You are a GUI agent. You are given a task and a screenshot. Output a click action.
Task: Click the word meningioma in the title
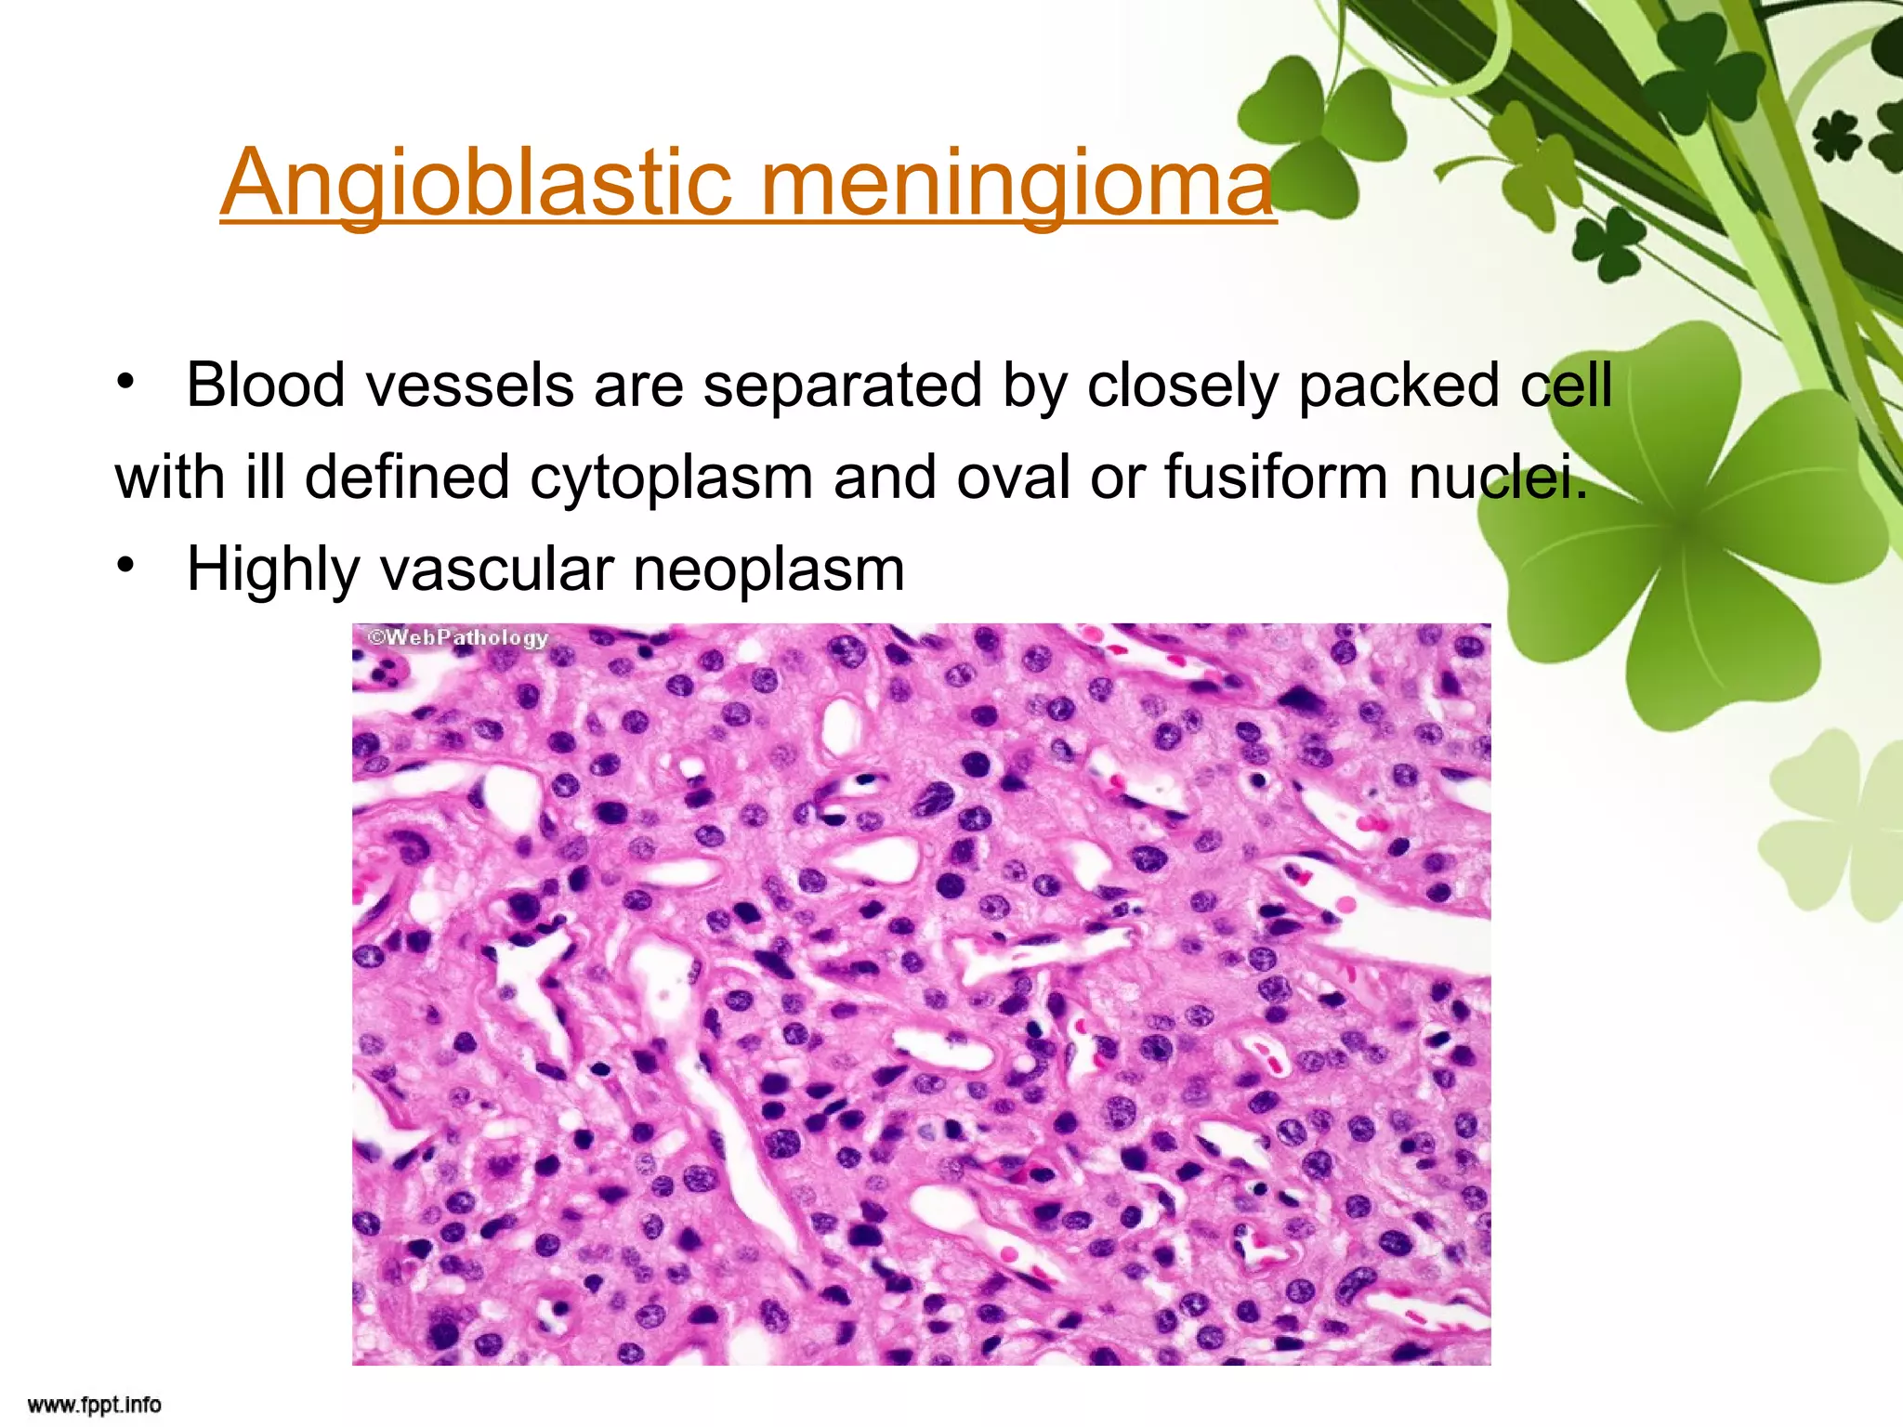(1017, 183)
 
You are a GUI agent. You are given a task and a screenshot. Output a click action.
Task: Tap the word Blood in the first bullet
(266, 385)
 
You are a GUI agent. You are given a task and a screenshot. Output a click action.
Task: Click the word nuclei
(1498, 478)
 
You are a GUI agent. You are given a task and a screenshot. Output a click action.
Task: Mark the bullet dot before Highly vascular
(126, 566)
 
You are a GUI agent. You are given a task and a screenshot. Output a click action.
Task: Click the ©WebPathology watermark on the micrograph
(457, 637)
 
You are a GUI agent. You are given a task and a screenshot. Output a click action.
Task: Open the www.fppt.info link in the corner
(94, 1405)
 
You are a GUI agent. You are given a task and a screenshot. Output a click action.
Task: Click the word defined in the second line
(407, 476)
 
